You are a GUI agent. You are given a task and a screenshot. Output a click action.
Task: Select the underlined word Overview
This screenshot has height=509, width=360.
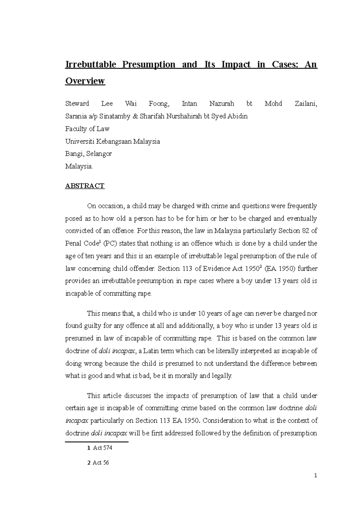click(x=85, y=81)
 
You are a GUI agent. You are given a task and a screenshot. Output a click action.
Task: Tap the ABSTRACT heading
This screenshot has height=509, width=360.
click(x=85, y=186)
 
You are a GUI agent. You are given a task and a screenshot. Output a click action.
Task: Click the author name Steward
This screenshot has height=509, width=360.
click(x=77, y=104)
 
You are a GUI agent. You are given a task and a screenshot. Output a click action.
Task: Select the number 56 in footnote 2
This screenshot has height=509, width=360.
click(x=106, y=463)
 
